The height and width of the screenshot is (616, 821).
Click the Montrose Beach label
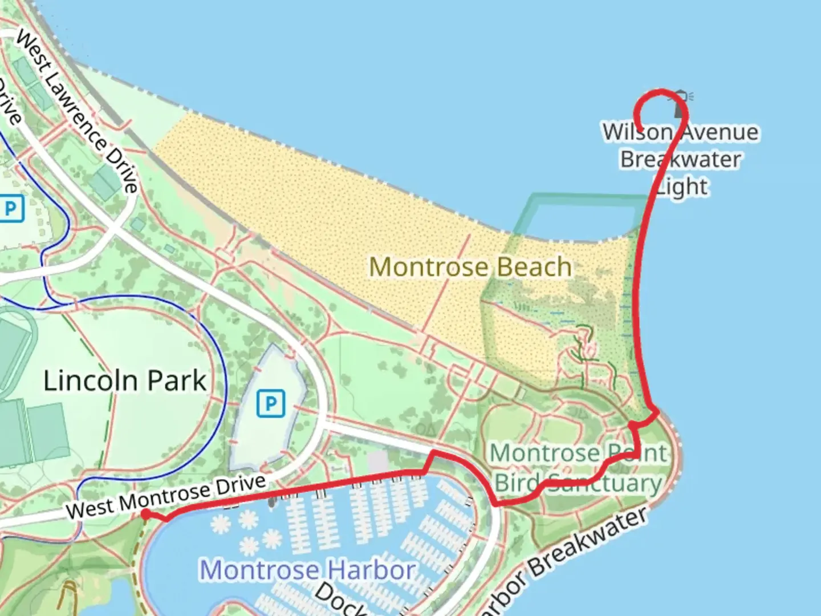470,267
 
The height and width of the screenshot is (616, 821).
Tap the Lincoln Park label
125,380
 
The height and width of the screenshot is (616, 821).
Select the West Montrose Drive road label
166,496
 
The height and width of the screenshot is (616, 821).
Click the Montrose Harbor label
308,570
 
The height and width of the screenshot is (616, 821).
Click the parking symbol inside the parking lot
270,403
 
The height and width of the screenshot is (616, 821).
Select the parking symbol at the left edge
11,209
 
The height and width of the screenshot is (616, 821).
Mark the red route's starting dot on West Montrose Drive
146,514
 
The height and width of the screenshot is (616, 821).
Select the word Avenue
720,132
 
